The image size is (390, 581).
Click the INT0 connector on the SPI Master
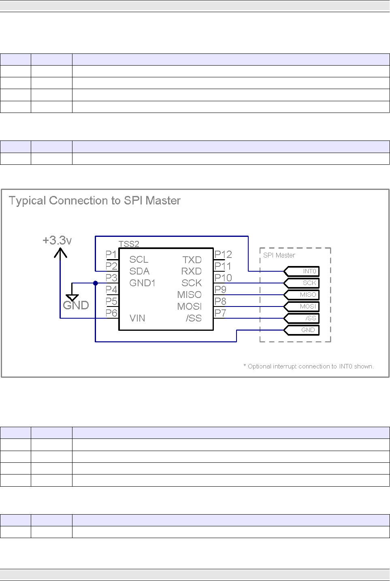tap(302, 271)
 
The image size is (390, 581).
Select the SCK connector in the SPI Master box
tap(302, 283)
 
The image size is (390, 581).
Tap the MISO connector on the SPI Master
tap(302, 295)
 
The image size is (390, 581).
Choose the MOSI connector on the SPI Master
tap(302, 306)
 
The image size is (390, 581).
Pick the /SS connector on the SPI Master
tap(302, 318)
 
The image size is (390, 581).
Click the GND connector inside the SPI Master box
tap(302, 330)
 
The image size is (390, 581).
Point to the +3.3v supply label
tap(57, 240)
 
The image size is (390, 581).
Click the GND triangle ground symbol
tap(72, 297)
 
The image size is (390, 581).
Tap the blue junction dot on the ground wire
tap(96, 283)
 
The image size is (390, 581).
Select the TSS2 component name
tap(129, 244)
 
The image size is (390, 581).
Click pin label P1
tap(111, 254)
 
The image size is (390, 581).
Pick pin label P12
tap(223, 254)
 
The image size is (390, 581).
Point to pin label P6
tap(111, 313)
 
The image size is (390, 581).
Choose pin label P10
tap(223, 278)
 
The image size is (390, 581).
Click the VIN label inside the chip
tap(137, 318)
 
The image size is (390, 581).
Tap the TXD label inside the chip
tap(192, 260)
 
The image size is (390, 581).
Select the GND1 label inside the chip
tap(142, 283)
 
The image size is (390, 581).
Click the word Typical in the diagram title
tap(27, 201)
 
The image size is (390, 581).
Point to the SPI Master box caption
tap(279, 255)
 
